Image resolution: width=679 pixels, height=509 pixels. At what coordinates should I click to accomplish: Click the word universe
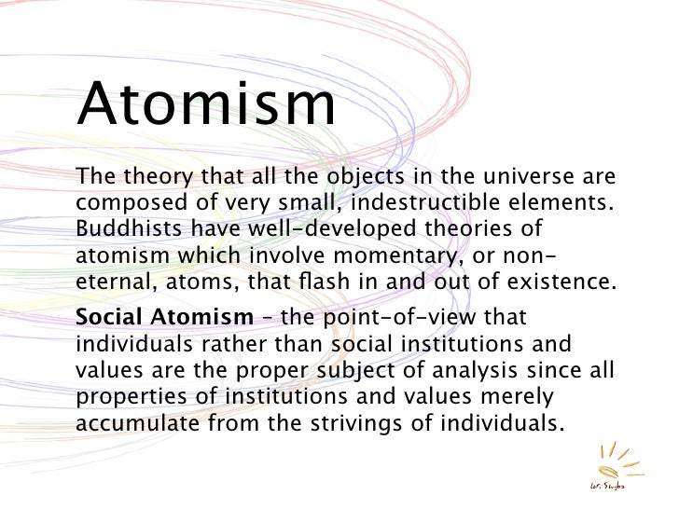(x=525, y=176)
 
